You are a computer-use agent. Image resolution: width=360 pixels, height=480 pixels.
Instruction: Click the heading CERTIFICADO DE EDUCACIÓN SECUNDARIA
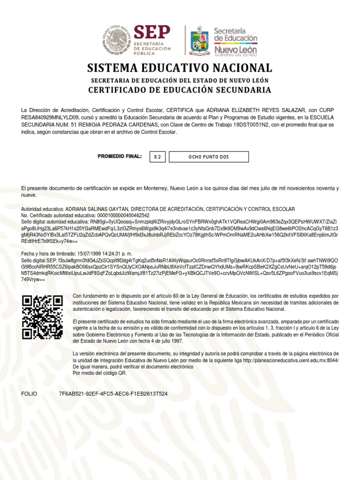[x=180, y=90]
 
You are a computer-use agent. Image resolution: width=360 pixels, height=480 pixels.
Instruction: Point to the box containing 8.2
[x=157, y=157]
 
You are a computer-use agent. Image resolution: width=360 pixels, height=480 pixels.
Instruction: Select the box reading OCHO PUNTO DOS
[x=209, y=157]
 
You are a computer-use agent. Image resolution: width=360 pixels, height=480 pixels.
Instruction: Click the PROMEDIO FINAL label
[x=120, y=156]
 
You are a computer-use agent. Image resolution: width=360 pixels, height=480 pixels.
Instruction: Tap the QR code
[x=43, y=317]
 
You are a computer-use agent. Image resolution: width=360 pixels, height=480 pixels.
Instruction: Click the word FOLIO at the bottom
[x=29, y=394]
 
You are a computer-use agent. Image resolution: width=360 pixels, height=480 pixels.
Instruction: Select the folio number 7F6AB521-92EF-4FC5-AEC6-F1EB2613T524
[x=113, y=394]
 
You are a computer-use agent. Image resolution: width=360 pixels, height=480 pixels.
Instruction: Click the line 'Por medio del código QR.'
[x=99, y=373]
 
